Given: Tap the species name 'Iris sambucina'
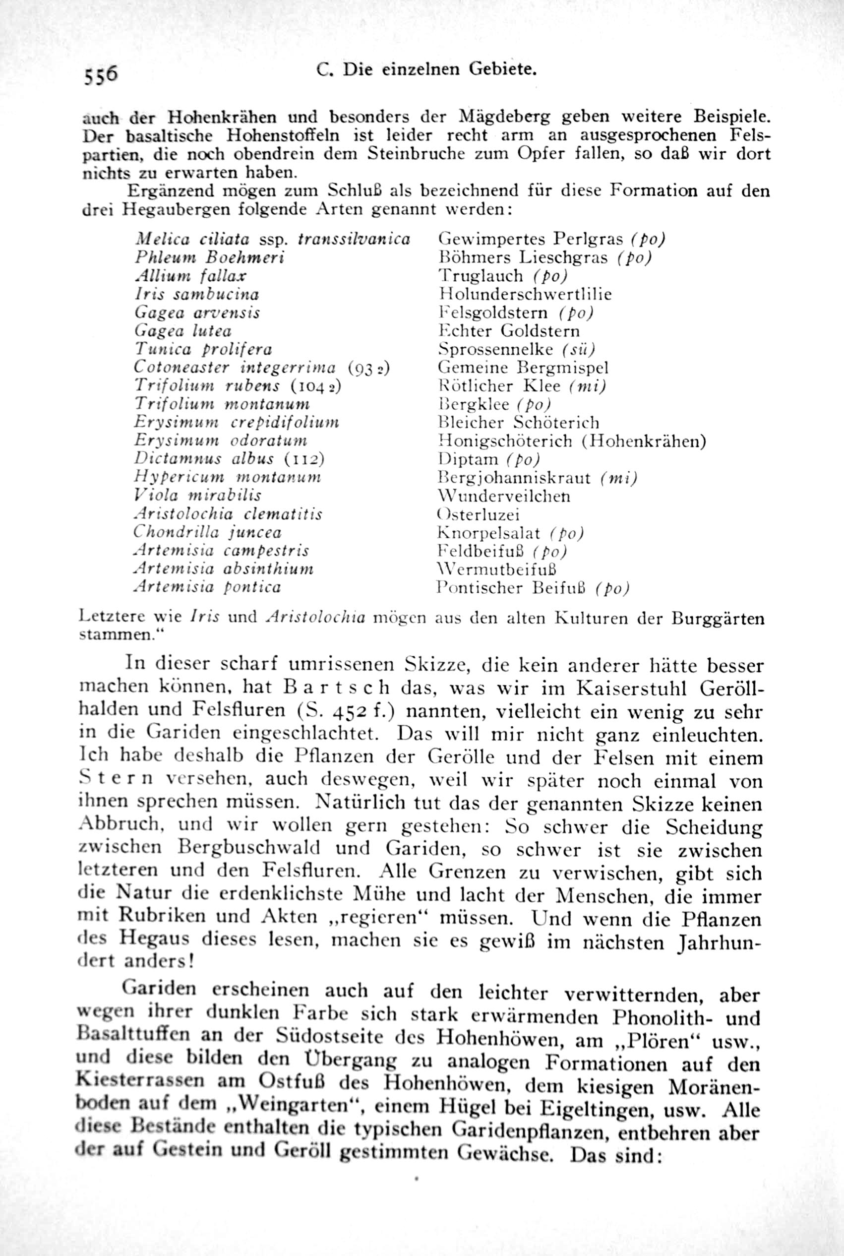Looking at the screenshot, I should tap(196, 294).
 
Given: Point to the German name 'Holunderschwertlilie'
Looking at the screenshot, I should tap(525, 294).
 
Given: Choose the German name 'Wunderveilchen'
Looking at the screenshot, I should tap(504, 495).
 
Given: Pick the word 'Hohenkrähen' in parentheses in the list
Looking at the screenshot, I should tap(644, 441).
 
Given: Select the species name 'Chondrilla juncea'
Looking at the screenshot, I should tap(207, 532).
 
